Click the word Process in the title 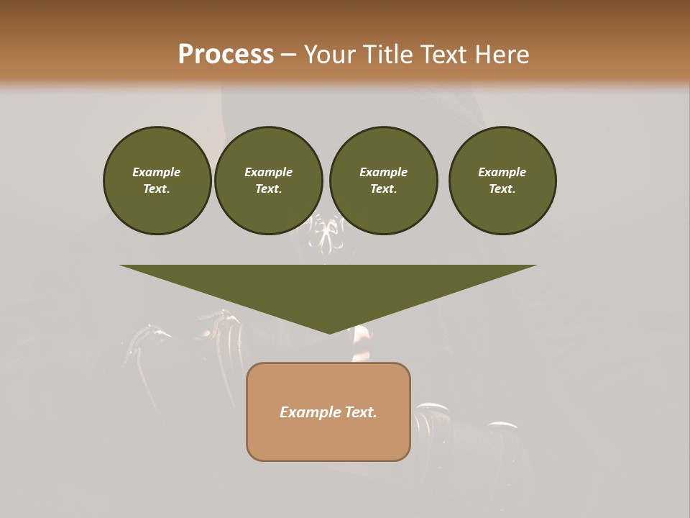tap(226, 55)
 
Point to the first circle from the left tap(157, 181)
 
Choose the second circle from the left tap(268, 181)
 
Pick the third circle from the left tap(383, 181)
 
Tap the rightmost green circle tap(502, 181)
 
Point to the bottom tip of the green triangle tap(329, 332)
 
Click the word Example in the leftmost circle tap(157, 172)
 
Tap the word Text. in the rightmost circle tap(502, 189)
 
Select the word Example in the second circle tap(268, 172)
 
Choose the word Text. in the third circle tap(383, 189)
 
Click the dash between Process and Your tap(289, 55)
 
